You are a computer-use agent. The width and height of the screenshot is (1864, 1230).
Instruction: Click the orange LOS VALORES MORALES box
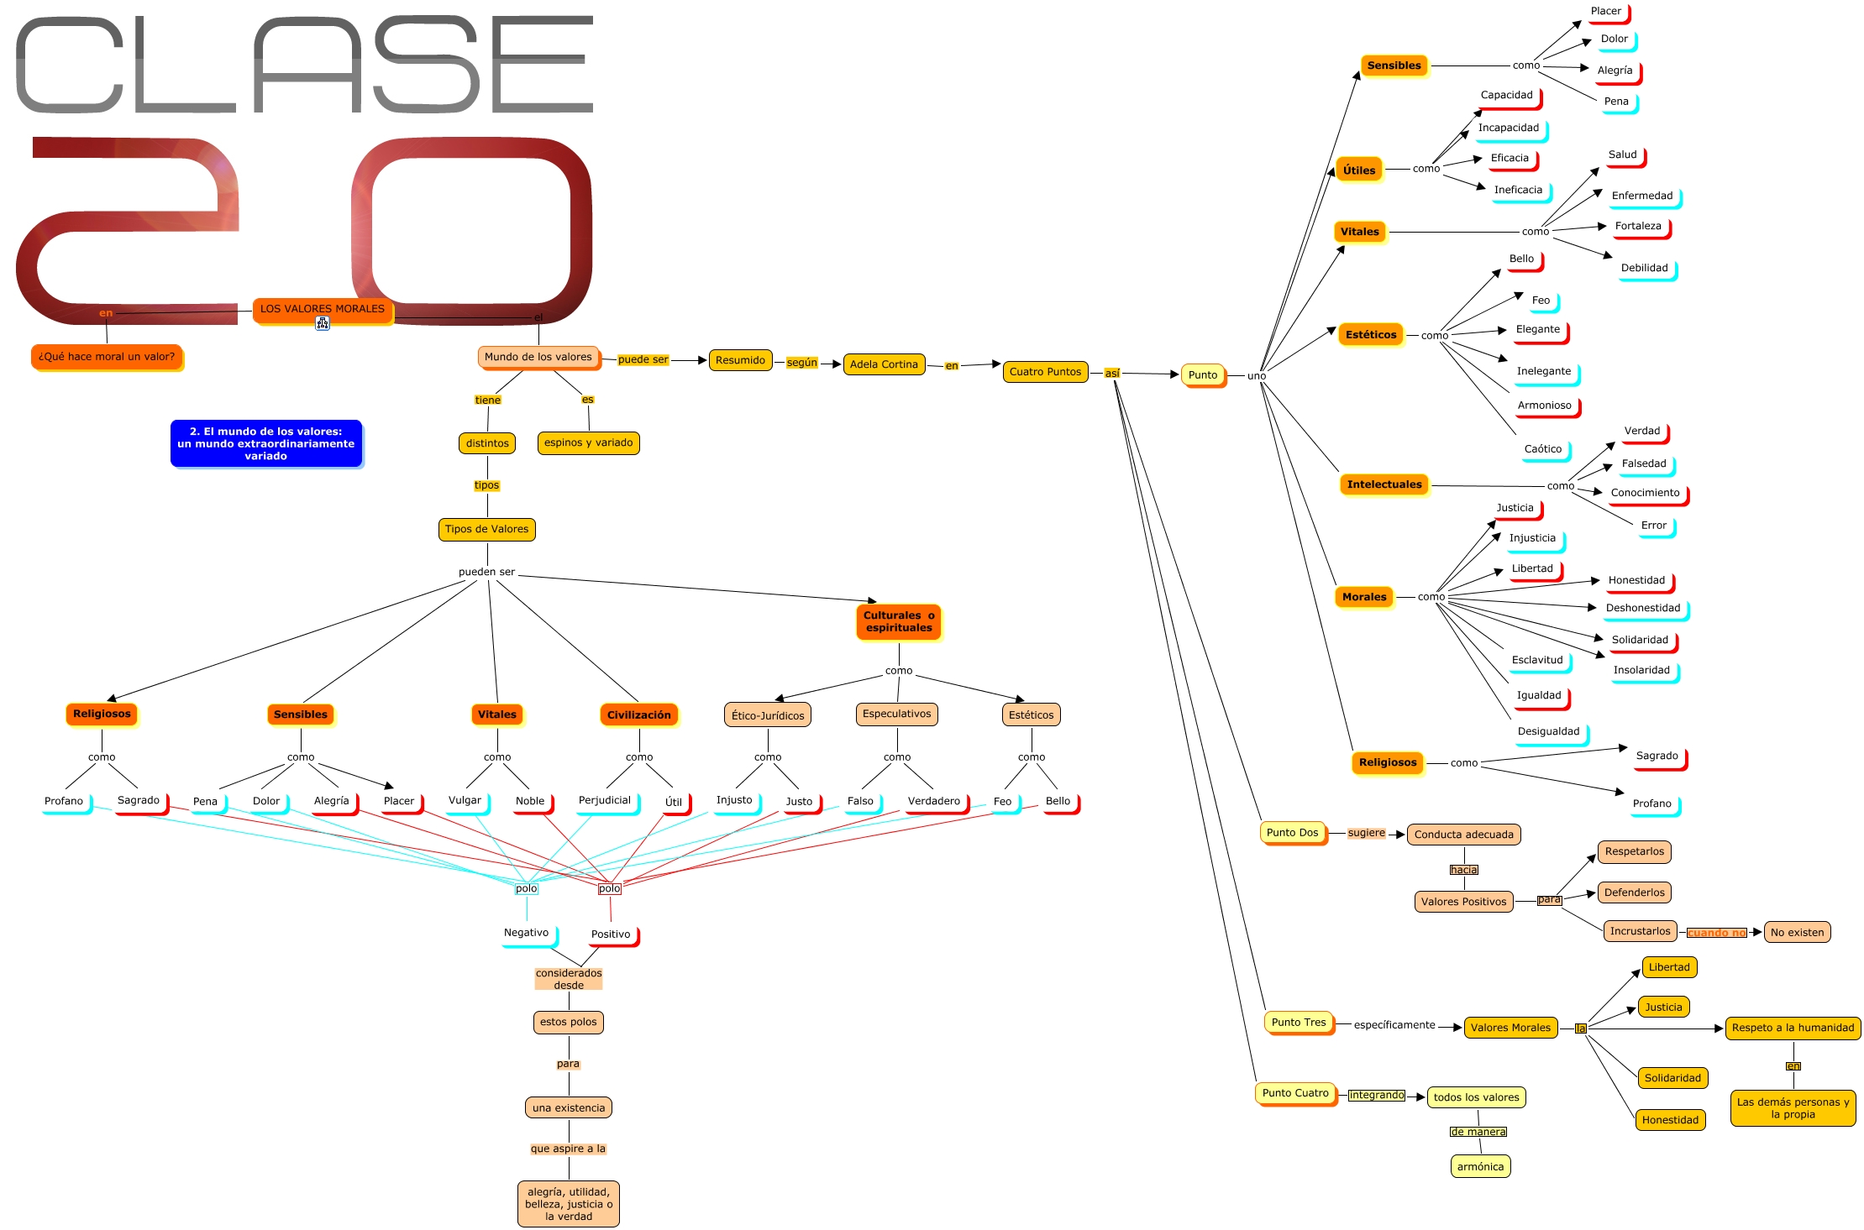tap(322, 309)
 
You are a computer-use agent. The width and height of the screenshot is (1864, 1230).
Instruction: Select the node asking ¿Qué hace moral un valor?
tap(107, 357)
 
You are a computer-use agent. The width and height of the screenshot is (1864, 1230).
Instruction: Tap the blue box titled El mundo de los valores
tap(265, 443)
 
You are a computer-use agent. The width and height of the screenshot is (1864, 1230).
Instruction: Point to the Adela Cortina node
tap(883, 364)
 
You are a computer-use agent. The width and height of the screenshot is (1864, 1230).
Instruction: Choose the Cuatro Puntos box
tap(1045, 372)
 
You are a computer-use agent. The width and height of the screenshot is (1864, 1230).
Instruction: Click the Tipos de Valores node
tap(486, 529)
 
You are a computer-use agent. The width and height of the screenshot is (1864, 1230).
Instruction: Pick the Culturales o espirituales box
tap(898, 621)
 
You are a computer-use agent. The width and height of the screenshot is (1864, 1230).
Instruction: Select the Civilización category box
tap(638, 714)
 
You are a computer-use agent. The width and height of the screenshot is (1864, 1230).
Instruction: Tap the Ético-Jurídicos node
tap(767, 715)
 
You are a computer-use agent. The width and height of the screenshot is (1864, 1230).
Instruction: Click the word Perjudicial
tap(604, 800)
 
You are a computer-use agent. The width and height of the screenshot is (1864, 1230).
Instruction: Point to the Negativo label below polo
tap(526, 933)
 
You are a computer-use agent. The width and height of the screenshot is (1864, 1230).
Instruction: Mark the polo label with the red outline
tap(610, 888)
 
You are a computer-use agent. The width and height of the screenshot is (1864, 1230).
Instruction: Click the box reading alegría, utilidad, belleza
tap(568, 1204)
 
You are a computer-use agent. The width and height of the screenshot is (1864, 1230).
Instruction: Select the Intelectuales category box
tap(1384, 484)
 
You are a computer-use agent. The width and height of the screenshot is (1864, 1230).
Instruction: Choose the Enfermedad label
tap(1641, 196)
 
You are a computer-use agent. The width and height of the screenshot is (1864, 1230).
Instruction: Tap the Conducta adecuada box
tap(1463, 835)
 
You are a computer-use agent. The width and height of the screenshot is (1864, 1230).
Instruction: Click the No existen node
tap(1797, 932)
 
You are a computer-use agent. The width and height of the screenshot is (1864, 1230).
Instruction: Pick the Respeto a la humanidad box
tap(1793, 1028)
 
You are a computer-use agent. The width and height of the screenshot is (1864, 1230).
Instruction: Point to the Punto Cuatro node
tap(1294, 1093)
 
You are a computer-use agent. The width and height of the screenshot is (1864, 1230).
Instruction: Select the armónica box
tap(1480, 1166)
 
